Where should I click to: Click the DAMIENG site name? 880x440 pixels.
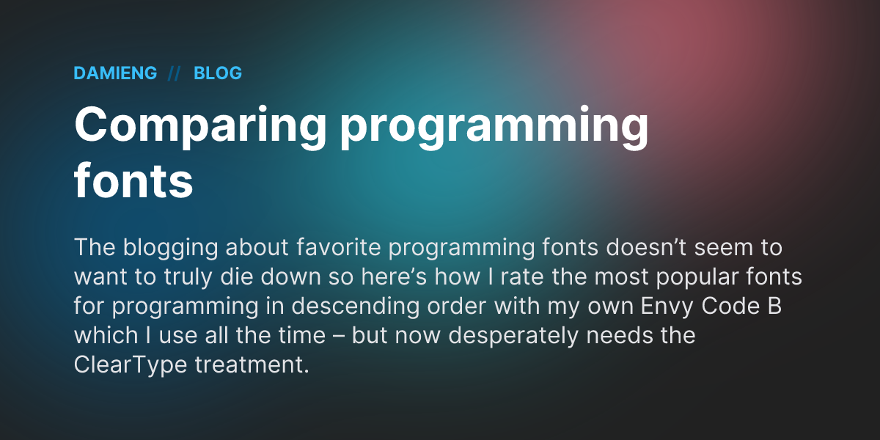pyautogui.click(x=115, y=73)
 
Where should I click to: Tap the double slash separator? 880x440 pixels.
pyautogui.click(x=174, y=73)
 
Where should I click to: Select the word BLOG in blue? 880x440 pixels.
pyautogui.click(x=218, y=73)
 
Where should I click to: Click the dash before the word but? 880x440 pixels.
pyautogui.click(x=340, y=336)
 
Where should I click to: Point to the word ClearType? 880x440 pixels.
pyautogui.click(x=131, y=365)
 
